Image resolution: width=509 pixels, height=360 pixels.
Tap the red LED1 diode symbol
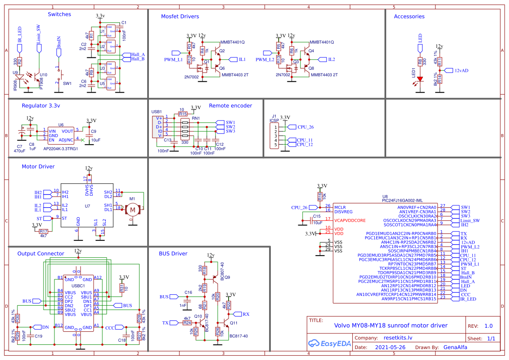420,80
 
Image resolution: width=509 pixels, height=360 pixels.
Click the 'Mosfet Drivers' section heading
180,17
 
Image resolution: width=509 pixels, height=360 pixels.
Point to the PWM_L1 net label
174,59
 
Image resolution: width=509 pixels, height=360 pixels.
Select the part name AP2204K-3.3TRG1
61,148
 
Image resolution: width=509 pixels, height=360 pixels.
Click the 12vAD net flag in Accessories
461,70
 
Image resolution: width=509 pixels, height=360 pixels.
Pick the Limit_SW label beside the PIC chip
470,220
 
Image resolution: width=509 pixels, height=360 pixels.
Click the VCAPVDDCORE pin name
350,220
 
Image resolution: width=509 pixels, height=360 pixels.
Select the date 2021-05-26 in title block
390,347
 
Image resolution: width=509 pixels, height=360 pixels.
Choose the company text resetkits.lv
397,337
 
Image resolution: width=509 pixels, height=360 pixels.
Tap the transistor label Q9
227,277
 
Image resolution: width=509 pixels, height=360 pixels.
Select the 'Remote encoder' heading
230,106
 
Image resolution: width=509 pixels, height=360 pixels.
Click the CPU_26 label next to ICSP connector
306,127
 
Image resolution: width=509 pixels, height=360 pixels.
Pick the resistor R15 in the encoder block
183,114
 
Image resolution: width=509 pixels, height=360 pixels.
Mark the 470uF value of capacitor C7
20,151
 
